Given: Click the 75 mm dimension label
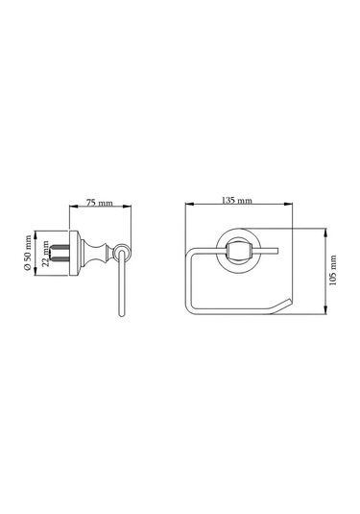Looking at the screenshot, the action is [x=99, y=203].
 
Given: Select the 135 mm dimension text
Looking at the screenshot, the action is [x=237, y=200].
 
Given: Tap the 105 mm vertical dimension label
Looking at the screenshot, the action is [x=333, y=270].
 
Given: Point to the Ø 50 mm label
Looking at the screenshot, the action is [x=28, y=253].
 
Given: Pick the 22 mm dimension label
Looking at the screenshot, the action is [x=46, y=254].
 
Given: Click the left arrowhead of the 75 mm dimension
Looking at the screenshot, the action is [x=73, y=207].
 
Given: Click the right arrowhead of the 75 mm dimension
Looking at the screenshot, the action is [x=127, y=207].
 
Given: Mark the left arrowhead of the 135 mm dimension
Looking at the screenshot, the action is [x=189, y=205].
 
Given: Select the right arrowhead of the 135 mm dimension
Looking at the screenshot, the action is [x=288, y=205].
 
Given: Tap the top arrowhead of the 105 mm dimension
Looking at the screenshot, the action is [x=325, y=233].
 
